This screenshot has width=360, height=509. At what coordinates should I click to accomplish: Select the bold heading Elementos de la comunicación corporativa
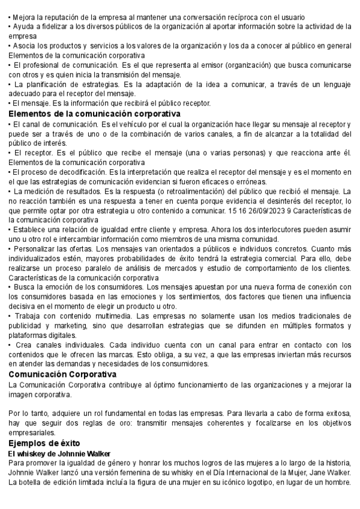[95, 113]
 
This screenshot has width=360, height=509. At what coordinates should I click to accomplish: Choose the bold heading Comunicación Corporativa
[62, 374]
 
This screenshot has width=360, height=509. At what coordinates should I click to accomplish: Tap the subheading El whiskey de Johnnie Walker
[60, 453]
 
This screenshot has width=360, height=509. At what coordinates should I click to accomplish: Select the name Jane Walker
[329, 472]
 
